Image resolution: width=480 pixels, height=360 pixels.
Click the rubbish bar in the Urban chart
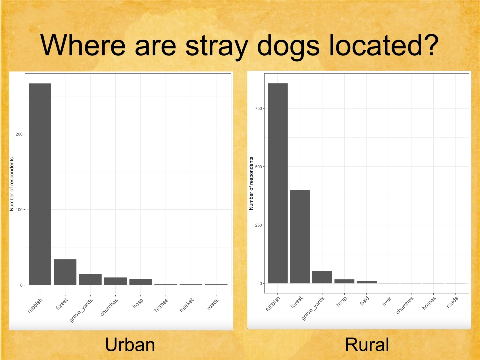[40, 184]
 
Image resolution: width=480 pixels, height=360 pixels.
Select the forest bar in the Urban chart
[65, 272]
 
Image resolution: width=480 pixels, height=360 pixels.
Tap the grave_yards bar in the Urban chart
[90, 279]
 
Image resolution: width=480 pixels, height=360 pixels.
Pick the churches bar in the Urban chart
[115, 281]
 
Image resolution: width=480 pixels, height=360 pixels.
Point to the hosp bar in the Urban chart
[141, 282]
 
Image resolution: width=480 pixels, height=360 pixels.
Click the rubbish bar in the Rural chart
[278, 183]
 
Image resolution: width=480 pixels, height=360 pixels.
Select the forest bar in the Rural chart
[300, 237]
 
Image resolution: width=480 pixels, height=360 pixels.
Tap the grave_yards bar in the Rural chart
[322, 277]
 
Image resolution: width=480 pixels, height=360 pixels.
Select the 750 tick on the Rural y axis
[258, 108]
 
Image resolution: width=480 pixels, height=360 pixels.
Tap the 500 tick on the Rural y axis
[258, 167]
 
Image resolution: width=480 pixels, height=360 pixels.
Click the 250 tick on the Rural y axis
[258, 225]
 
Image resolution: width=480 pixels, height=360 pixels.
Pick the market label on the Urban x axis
[187, 305]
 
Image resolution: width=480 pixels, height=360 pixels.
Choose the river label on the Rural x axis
[387, 302]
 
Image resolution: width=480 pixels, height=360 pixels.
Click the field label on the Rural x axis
[364, 301]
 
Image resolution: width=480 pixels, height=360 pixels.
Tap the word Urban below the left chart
[130, 345]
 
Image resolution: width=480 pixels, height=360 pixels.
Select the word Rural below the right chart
[367, 345]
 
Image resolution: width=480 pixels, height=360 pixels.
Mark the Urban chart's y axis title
[12, 184]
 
